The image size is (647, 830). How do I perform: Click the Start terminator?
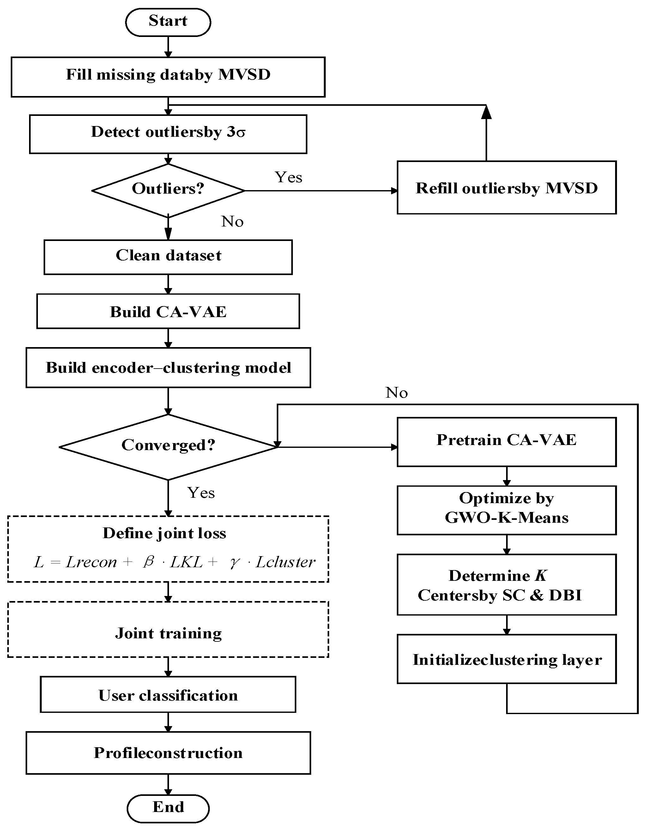[x=168, y=22]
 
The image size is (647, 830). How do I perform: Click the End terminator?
[x=168, y=808]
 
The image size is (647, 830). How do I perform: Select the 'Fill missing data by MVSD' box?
[x=168, y=77]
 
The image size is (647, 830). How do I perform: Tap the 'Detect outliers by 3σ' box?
[x=168, y=134]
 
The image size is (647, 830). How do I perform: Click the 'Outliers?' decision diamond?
[x=168, y=190]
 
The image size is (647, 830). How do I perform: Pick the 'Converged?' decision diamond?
[x=168, y=447]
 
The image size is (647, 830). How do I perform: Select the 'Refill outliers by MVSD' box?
[x=507, y=187]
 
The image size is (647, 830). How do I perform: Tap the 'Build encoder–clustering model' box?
[x=168, y=368]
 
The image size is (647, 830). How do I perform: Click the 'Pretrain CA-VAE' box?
[x=507, y=442]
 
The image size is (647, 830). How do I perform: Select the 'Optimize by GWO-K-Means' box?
[x=507, y=510]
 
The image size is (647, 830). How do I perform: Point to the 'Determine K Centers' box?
[x=507, y=585]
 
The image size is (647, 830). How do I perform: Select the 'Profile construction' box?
[x=168, y=753]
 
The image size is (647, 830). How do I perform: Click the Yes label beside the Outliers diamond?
[x=288, y=177]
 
